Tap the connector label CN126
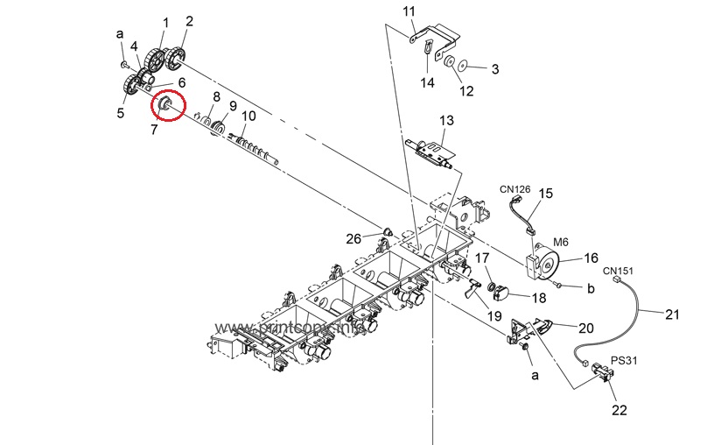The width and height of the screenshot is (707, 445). pyautogui.click(x=515, y=188)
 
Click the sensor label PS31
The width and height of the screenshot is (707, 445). pyautogui.click(x=623, y=359)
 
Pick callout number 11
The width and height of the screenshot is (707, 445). pyautogui.click(x=409, y=11)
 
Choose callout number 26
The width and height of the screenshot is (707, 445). pyautogui.click(x=353, y=238)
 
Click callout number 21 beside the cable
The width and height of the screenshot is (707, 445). pyautogui.click(x=672, y=314)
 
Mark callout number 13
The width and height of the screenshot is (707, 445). pyautogui.click(x=446, y=120)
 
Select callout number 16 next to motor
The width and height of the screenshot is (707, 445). pyautogui.click(x=591, y=258)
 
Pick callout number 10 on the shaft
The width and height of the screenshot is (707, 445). pyautogui.click(x=248, y=116)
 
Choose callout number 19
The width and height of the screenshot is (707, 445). pyautogui.click(x=493, y=315)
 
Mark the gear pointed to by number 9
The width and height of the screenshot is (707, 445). pyautogui.click(x=218, y=131)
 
